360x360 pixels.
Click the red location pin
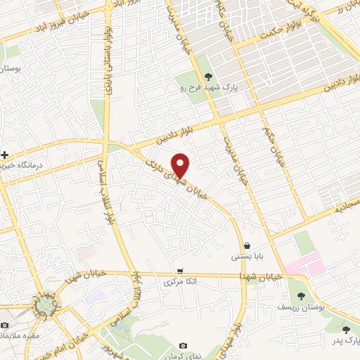pos(181,165)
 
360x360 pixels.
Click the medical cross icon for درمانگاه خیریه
pos(5,154)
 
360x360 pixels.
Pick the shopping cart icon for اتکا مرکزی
pos(181,271)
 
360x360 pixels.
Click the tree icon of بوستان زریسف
pos(302,296)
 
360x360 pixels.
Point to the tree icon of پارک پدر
pos(345,329)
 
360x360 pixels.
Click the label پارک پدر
pos(345,340)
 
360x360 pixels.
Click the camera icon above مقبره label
pos(5,326)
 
